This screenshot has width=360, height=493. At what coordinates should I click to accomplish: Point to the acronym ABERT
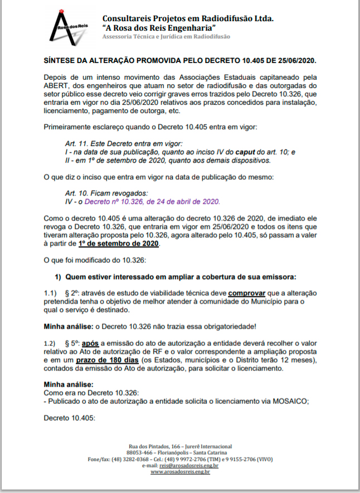[x=56, y=85]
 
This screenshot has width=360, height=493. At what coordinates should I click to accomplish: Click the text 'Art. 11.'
[x=77, y=143]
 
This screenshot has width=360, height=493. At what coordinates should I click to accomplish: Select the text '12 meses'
[x=299, y=362]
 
